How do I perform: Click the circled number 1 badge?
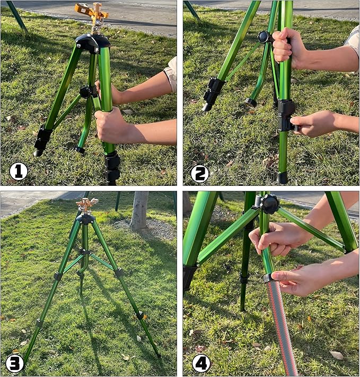click(x=19, y=171)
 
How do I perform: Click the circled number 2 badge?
click(x=200, y=173)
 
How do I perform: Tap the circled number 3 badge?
click(x=15, y=363)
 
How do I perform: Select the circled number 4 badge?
click(x=201, y=363)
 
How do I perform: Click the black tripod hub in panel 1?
click(x=93, y=42)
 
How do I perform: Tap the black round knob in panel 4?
click(x=269, y=204)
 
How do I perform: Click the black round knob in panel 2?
click(x=264, y=37)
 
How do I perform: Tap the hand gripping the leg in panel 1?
click(x=112, y=125)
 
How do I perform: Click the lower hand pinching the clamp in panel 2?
click(x=315, y=123)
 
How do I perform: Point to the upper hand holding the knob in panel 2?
click(x=289, y=48)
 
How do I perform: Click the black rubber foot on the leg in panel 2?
click(x=282, y=177)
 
